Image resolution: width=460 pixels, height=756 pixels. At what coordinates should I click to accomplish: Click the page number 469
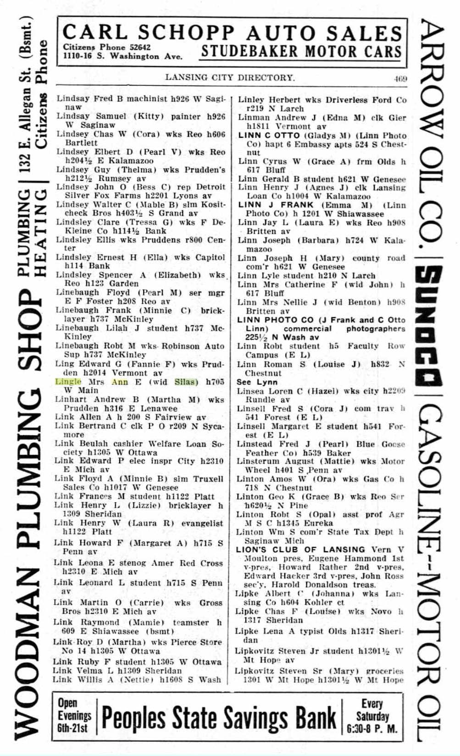(400, 78)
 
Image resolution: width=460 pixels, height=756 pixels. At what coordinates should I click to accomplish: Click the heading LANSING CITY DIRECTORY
(230, 77)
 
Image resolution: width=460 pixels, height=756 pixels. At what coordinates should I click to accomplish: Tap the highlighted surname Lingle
(68, 382)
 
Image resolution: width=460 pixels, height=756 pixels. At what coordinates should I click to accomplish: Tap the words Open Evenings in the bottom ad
(74, 709)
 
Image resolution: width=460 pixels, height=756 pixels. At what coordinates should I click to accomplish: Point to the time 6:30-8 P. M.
(372, 728)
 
